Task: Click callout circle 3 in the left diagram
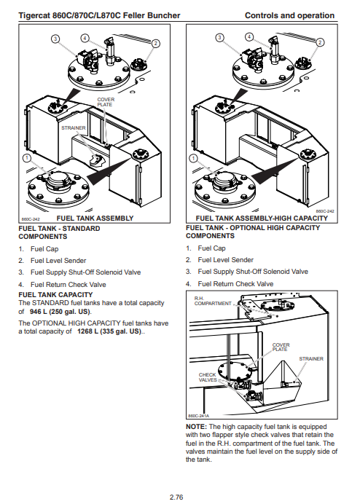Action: (x=55, y=39)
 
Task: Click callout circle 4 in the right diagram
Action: (x=249, y=36)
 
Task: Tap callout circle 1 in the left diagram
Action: (x=27, y=158)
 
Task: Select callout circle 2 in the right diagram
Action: (x=320, y=42)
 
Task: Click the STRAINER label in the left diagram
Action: (x=74, y=127)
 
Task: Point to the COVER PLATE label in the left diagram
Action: (x=106, y=102)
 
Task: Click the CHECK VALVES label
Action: (x=208, y=377)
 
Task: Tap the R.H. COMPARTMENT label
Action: (x=213, y=301)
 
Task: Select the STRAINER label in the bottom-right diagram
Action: (x=311, y=358)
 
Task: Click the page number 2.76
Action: (x=176, y=497)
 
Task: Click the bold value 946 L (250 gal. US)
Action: (x=60, y=312)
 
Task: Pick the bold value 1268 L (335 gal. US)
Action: (x=109, y=331)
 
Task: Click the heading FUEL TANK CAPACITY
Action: (x=55, y=294)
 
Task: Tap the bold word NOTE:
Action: (x=196, y=427)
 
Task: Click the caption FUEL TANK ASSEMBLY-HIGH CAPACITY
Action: (x=262, y=218)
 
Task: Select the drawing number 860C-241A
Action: (x=198, y=416)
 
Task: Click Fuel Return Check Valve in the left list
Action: (x=69, y=285)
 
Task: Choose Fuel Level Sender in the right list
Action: (x=225, y=260)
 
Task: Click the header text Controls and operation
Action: (x=289, y=15)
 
